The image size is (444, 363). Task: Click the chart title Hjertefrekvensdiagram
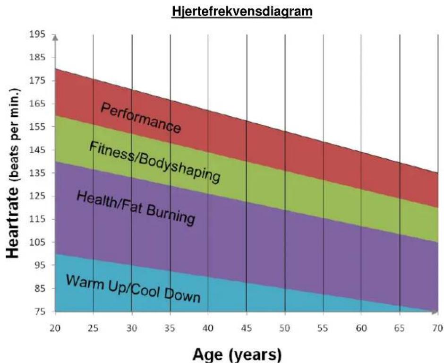242,12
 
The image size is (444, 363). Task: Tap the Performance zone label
141,118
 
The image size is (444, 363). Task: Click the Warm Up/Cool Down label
133,288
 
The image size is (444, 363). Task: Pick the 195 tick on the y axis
37,35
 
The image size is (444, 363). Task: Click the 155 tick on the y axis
37,127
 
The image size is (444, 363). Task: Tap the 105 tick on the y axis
37,242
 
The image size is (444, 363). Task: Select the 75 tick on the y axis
40,311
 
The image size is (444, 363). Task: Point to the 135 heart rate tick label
37,173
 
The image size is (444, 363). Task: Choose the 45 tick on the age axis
247,328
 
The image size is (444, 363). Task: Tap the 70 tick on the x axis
438,328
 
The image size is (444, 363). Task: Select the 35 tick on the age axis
170,328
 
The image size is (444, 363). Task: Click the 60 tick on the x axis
361,328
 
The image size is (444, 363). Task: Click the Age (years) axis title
237,354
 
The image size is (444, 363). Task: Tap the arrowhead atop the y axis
56,37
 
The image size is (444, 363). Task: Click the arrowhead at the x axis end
435,312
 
